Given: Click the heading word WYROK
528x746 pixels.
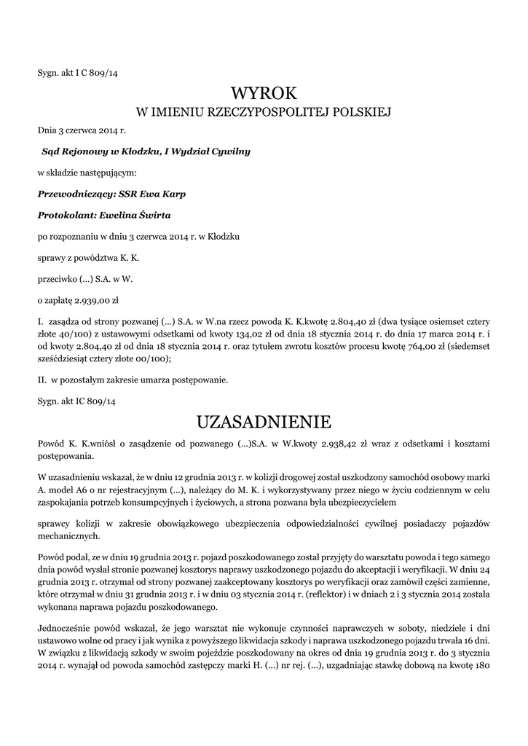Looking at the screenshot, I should (x=264, y=93).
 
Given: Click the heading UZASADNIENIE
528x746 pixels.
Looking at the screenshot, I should (x=264, y=421).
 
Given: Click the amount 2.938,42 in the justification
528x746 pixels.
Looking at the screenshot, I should (x=333, y=444).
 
